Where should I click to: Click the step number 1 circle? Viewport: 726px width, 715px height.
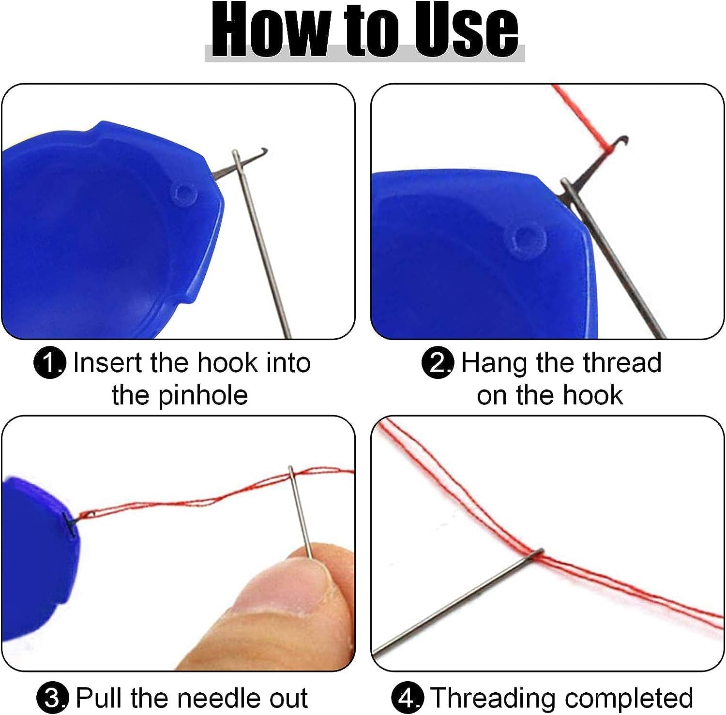coord(50,364)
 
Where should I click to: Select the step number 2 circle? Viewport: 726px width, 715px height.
coord(438,364)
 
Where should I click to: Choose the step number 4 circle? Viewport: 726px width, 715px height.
coord(408,698)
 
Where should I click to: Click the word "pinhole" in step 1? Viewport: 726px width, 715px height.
coord(203,396)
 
